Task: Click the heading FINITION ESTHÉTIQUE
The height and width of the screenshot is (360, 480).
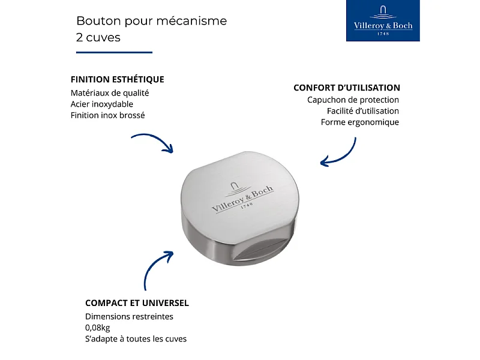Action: click(117, 79)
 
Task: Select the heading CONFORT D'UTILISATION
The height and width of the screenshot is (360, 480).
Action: click(347, 88)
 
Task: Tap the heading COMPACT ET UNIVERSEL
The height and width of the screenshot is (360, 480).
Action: click(137, 303)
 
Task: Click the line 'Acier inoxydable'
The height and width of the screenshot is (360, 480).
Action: click(101, 104)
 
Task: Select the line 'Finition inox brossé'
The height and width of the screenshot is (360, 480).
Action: click(107, 115)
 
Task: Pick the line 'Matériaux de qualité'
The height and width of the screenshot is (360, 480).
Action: click(109, 93)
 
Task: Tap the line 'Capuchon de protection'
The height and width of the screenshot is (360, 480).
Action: click(353, 100)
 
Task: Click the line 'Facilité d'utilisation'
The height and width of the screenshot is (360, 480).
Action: click(362, 111)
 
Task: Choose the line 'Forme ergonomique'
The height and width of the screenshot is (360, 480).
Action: click(359, 122)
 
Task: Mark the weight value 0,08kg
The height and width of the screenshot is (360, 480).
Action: click(97, 328)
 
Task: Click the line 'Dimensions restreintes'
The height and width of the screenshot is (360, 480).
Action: click(129, 316)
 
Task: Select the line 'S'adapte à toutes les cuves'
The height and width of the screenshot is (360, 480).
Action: click(136, 339)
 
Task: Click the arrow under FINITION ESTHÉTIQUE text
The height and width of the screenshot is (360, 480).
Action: click(152, 143)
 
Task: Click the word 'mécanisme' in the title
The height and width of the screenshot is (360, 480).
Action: click(196, 21)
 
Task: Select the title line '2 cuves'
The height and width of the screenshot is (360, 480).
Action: click(98, 37)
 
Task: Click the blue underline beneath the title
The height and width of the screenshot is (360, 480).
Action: click(114, 52)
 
